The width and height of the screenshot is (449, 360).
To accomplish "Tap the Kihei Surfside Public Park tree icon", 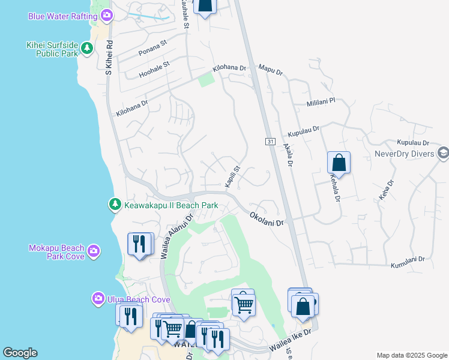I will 87,48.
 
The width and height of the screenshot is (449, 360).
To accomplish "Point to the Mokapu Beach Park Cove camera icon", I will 93,251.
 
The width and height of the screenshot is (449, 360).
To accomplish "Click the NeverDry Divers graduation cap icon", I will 443,153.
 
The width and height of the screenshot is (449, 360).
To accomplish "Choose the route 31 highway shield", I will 270,142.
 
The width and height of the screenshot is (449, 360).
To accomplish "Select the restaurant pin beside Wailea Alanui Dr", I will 140,244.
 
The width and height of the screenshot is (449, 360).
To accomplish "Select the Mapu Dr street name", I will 270,70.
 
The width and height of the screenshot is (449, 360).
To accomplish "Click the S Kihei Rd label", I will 109,58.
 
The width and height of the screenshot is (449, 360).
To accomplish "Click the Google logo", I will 20,353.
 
